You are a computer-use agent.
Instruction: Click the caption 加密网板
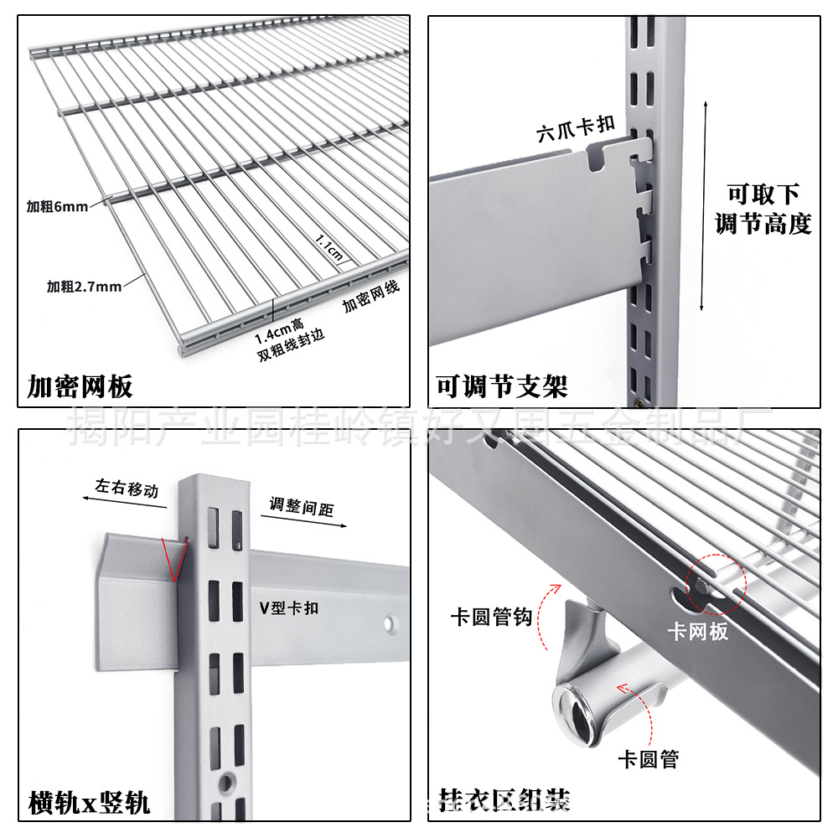point(80,387)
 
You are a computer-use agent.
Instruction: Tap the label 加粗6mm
point(56,207)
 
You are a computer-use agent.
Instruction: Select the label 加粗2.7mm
point(83,287)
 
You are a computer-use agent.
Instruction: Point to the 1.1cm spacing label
point(329,249)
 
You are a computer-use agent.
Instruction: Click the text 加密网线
point(371,297)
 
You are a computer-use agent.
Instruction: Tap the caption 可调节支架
point(502,386)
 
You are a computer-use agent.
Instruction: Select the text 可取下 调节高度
point(763,209)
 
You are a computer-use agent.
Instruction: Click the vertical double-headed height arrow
point(704,205)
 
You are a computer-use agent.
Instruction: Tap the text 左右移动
point(127,489)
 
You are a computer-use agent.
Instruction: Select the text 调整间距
point(302,508)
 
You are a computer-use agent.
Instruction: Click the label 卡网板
point(697,632)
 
